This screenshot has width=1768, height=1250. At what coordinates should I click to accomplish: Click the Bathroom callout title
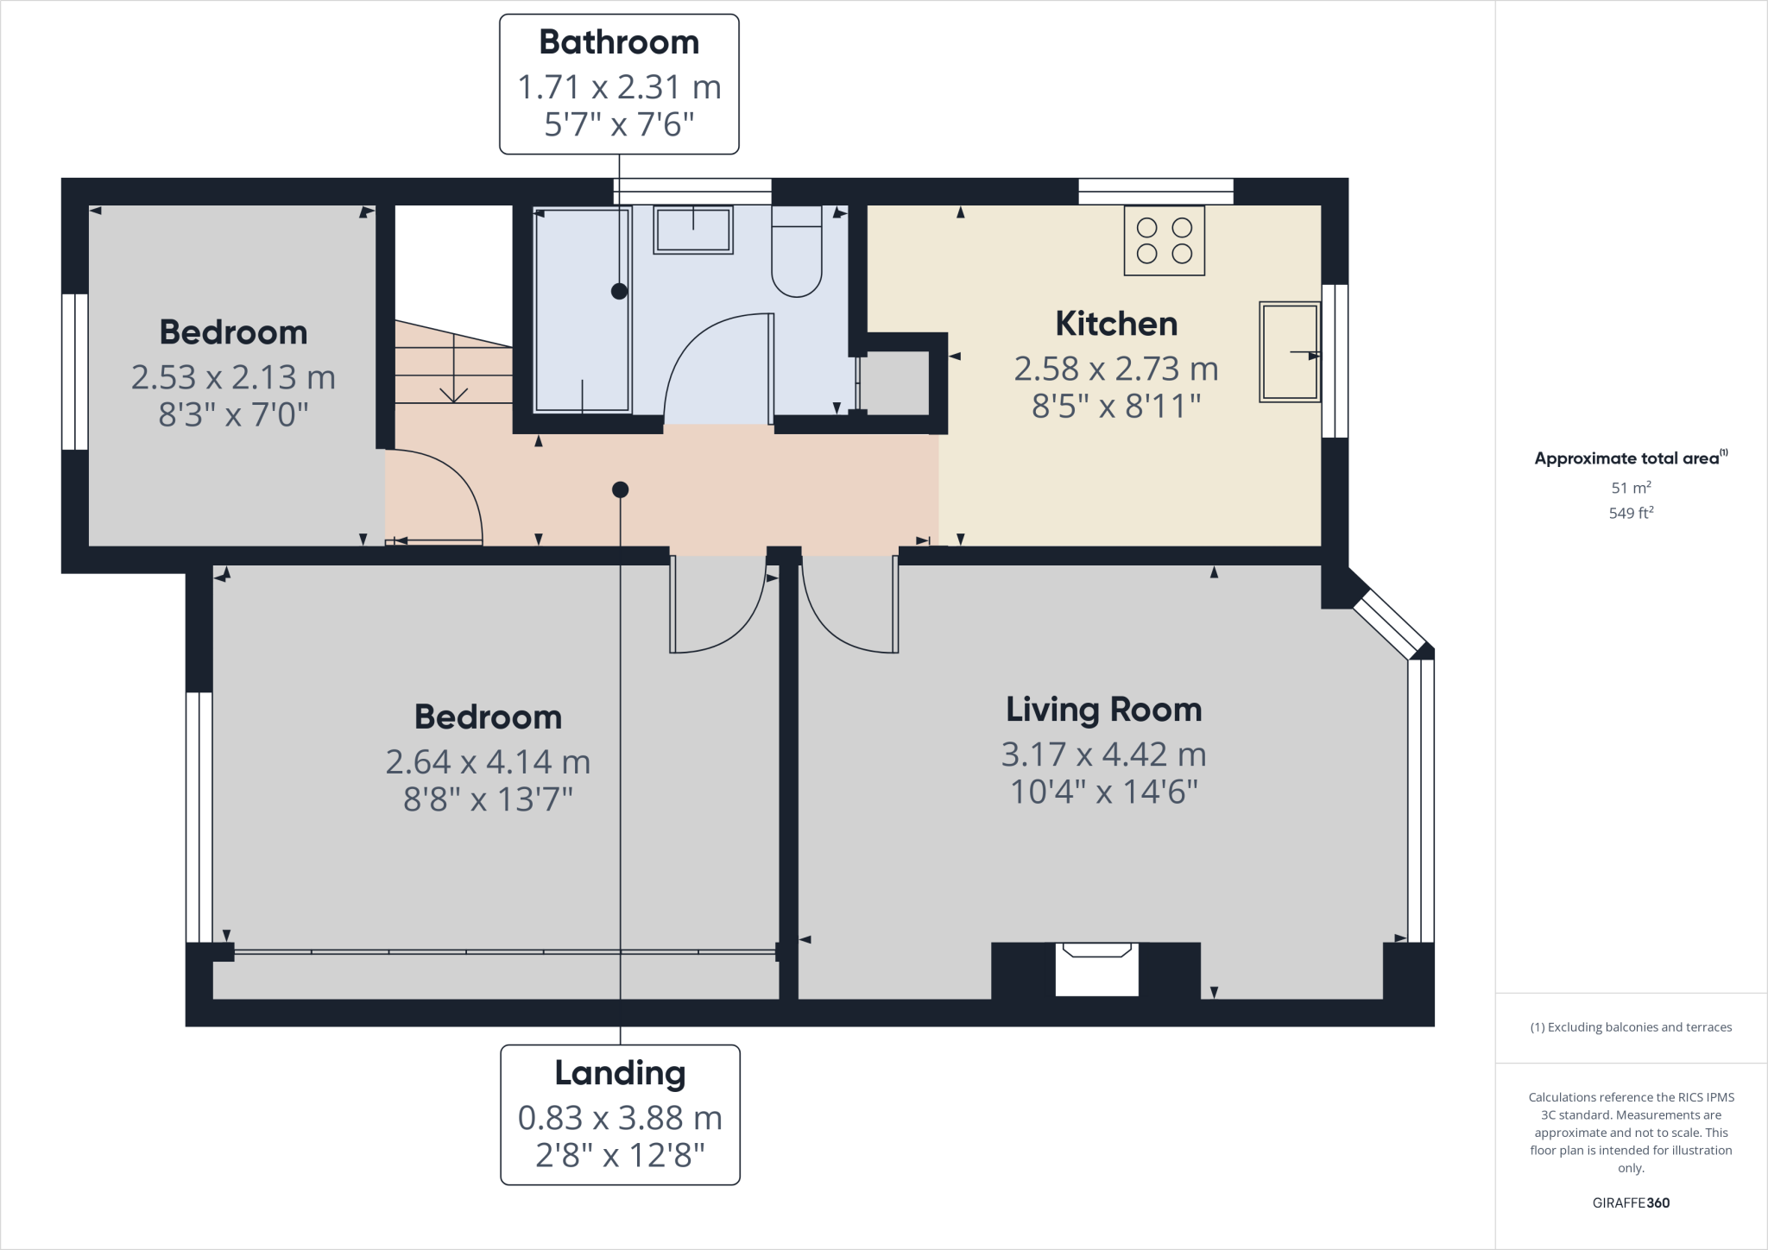619,42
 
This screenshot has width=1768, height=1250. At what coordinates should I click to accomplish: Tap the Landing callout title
620,1073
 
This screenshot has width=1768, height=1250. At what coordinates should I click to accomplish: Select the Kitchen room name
1116,324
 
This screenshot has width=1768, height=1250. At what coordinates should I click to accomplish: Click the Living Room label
1103,710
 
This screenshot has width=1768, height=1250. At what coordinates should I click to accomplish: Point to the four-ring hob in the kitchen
1164,241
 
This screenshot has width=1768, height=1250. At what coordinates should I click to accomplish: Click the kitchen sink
1289,351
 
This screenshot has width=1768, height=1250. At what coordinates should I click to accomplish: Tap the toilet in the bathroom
796,259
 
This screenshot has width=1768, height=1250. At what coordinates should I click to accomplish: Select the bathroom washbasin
692,230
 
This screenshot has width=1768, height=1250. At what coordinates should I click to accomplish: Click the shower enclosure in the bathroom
582,311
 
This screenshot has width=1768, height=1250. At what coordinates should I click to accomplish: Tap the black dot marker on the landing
620,489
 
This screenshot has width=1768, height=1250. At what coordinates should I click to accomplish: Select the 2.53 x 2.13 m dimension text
233,377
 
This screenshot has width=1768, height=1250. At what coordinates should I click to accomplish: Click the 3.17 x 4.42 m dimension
1103,754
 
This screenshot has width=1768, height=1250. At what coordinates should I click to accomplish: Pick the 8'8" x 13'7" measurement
488,800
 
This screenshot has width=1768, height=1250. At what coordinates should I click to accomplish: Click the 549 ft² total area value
1631,513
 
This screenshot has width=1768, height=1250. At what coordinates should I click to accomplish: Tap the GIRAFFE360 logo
1631,1203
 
